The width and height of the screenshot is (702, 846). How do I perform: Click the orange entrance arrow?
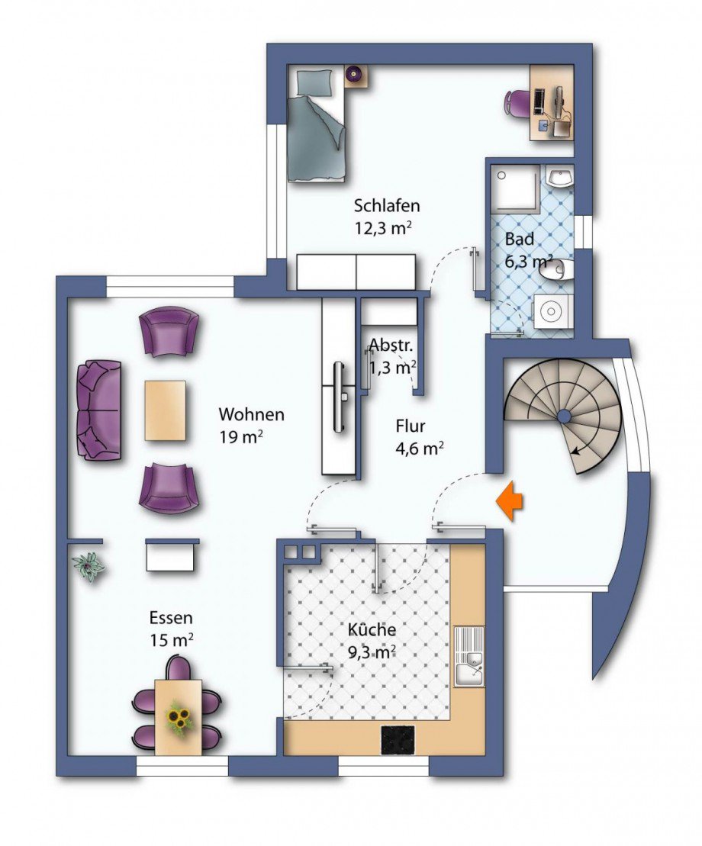tap(510, 502)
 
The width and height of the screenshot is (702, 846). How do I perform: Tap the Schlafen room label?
tap(386, 205)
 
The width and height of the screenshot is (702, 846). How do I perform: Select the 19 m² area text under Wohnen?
tap(241, 436)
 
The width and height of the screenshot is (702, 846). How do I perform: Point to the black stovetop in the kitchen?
tap(398, 740)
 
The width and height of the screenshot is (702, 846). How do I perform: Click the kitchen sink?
tap(469, 657)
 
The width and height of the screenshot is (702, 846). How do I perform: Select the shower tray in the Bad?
tap(517, 188)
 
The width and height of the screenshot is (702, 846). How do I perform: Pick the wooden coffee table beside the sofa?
tap(165, 410)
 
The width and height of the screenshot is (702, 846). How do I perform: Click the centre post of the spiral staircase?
tap(563, 416)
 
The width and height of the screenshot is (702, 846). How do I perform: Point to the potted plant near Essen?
tap(89, 566)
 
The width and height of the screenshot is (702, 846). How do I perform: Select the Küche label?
tap(372, 629)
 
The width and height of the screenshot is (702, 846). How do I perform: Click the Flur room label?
tap(411, 426)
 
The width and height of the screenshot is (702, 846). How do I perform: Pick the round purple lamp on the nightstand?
tap(354, 72)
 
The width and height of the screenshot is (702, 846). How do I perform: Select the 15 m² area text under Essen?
tap(172, 641)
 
